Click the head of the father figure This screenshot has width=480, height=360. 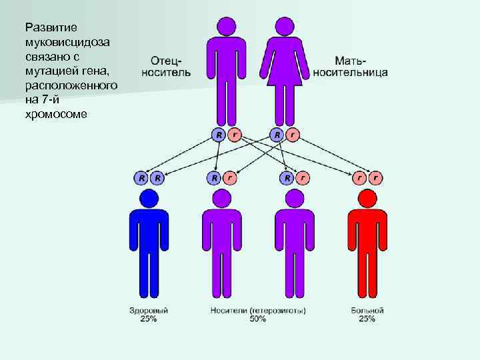click(226, 26)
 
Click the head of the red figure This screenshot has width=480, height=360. click(367, 198)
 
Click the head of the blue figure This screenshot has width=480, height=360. click(149, 198)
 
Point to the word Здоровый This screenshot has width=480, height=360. click(149, 311)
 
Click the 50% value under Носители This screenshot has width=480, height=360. click(257, 319)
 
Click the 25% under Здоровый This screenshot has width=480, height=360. click(149, 319)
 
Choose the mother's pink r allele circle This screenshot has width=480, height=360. click(292, 135)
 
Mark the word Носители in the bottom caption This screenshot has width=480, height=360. click(227, 311)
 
